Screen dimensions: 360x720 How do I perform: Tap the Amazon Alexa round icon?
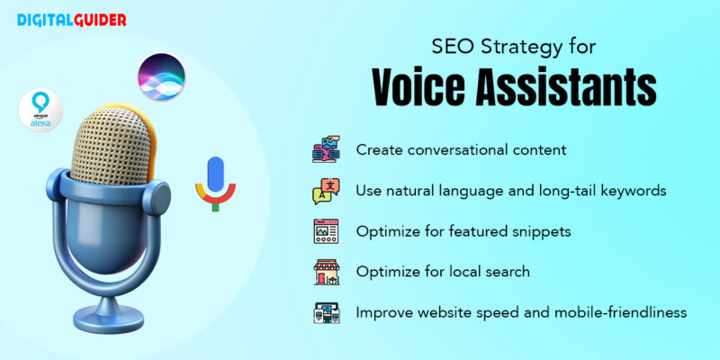40,111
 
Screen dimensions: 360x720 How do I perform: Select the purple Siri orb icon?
161,76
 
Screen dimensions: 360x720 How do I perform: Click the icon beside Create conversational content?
326,149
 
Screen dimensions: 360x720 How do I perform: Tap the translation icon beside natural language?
326,191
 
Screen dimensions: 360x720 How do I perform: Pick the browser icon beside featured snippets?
326,231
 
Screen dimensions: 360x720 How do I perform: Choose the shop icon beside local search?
326,272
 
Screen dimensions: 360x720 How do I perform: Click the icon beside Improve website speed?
326,312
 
